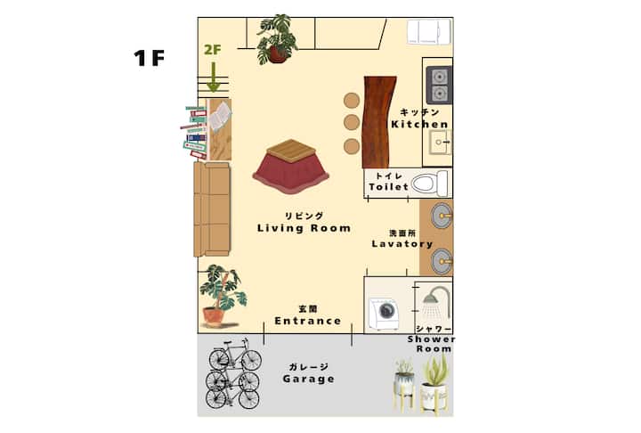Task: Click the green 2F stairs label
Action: click(213, 50)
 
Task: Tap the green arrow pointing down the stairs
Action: click(213, 77)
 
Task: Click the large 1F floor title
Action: click(150, 58)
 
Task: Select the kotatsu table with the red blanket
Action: click(291, 167)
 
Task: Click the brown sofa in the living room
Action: click(212, 209)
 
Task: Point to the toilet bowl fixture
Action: click(429, 183)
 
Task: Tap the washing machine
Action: click(384, 314)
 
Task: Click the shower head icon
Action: click(435, 302)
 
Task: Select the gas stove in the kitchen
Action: click(439, 86)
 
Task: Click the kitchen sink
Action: click(440, 142)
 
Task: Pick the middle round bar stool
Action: click(352, 122)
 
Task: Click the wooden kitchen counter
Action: click(378, 122)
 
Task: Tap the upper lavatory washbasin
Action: click(442, 214)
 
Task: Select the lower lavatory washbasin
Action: click(442, 261)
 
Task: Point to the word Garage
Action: click(309, 379)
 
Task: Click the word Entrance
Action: click(308, 321)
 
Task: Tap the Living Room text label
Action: click(304, 228)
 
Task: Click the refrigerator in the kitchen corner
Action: click(429, 31)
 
